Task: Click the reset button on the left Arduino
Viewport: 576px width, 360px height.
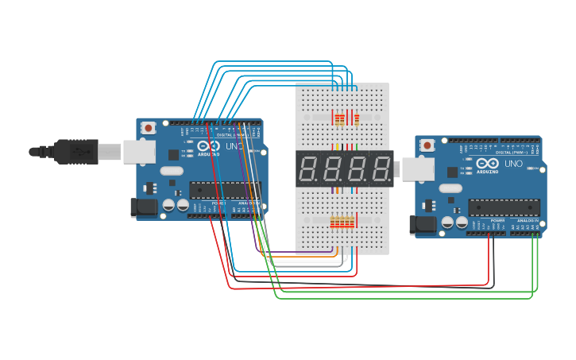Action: (149, 127)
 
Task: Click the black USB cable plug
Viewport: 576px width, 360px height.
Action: (76, 151)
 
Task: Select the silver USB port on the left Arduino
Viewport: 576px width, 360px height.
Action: (139, 152)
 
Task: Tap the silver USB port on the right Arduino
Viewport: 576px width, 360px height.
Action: (418, 168)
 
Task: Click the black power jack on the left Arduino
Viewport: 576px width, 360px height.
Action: (143, 208)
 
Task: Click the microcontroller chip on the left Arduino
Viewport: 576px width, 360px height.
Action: (224, 190)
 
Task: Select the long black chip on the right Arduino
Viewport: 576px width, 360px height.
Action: (504, 207)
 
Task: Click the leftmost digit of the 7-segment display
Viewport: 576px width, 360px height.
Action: (310, 169)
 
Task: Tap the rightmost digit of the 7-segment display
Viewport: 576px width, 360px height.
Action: (381, 169)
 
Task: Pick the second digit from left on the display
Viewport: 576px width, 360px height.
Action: (334, 169)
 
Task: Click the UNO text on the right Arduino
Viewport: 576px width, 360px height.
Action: (513, 164)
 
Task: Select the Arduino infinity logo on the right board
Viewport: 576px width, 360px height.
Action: (488, 164)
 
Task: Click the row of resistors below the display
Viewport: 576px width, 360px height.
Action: (342, 223)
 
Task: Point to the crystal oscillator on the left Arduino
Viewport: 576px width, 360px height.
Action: (171, 170)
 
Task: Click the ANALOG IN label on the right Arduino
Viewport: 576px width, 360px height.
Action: (528, 225)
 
